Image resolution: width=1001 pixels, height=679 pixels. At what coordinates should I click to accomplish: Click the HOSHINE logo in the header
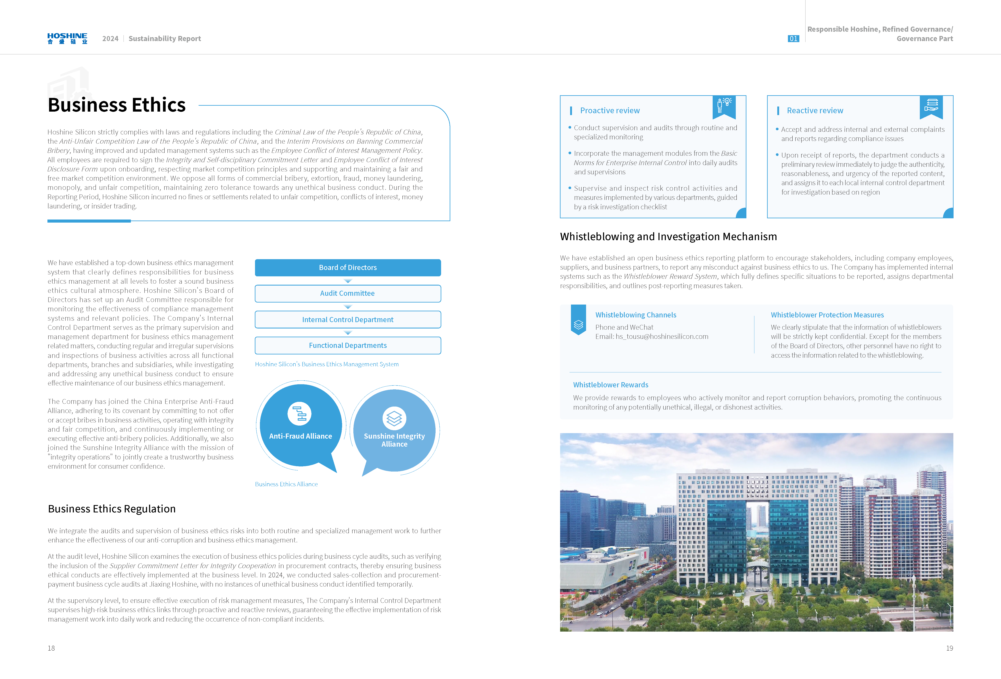click(x=67, y=38)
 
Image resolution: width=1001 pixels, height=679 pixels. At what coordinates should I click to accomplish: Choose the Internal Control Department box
click(x=348, y=319)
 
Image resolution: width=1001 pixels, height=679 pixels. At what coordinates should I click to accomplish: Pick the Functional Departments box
click(x=348, y=345)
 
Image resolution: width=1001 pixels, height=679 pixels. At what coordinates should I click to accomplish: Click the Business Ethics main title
click(x=117, y=105)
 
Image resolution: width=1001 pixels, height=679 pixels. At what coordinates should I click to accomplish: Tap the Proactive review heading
click(x=610, y=111)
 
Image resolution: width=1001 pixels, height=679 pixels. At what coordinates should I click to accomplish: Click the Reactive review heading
click(x=815, y=111)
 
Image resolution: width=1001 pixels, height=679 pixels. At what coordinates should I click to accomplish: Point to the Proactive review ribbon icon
click(x=724, y=106)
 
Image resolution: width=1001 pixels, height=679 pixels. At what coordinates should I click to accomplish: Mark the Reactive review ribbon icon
click(x=931, y=106)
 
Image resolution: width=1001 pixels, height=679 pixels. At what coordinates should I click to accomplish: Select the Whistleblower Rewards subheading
click(x=610, y=385)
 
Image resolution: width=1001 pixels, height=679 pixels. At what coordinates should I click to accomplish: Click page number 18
click(x=51, y=648)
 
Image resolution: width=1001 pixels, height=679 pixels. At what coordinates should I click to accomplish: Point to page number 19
click(x=949, y=648)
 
